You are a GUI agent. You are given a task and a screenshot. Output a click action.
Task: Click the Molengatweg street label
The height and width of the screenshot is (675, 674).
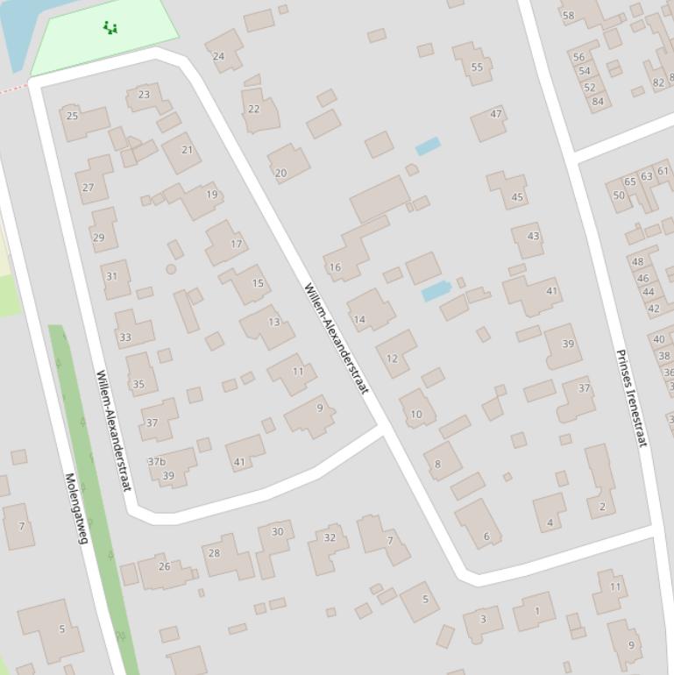coord(77,508)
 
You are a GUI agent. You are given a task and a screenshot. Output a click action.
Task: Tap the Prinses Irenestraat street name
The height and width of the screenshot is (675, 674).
coord(631,398)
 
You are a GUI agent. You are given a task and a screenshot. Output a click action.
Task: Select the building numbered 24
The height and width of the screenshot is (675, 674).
coord(219,56)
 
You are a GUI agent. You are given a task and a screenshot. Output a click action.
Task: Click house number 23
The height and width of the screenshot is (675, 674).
coord(144,95)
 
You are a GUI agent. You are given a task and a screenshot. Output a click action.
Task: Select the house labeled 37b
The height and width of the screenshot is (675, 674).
coord(157,461)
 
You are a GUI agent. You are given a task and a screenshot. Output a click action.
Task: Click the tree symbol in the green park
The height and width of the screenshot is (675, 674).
coord(110,27)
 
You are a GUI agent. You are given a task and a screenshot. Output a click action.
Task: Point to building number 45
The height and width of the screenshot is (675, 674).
coord(517,197)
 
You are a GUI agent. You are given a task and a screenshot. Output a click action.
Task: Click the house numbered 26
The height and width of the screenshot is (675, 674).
coord(164,566)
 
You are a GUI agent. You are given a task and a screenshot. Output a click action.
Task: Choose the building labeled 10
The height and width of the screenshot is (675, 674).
coord(416,414)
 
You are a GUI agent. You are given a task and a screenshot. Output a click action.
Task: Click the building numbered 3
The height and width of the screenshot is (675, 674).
coord(482,620)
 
